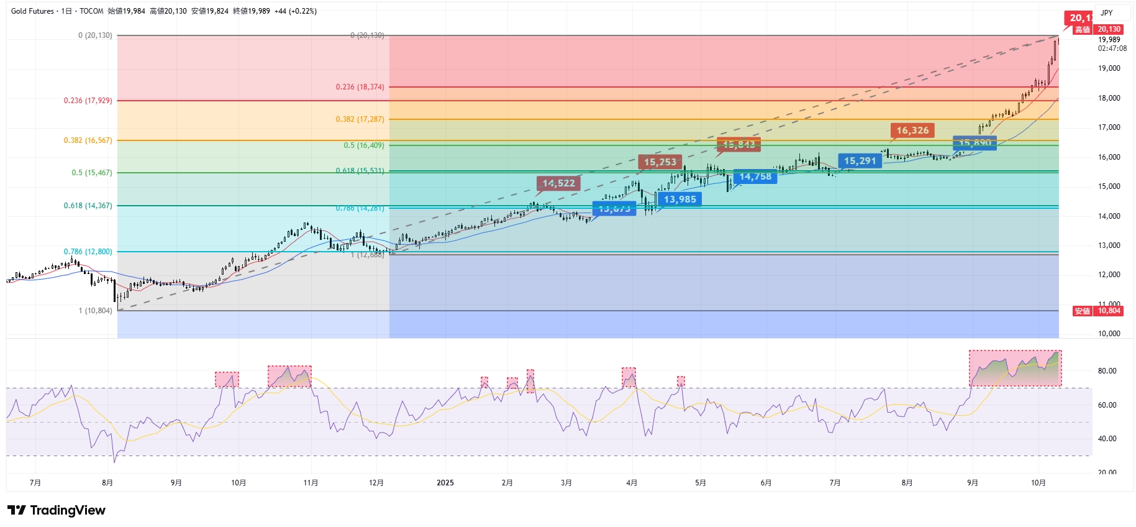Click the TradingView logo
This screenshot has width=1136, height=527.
coord(57,510)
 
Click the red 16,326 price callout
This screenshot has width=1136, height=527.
coord(912,131)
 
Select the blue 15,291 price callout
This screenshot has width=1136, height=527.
coord(860,161)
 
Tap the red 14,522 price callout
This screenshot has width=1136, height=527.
coord(558,183)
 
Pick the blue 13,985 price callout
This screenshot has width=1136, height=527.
coord(679,199)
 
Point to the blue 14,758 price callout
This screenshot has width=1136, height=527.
coord(755,177)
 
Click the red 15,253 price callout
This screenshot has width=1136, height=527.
coord(660,162)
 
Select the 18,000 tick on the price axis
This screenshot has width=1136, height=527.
coord(1109,98)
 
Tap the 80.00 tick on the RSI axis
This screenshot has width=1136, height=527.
coord(1107,371)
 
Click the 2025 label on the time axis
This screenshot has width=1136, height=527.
coord(445,483)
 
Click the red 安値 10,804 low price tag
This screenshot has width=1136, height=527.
coord(1098,311)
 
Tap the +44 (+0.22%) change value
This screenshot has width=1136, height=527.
coord(296,11)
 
